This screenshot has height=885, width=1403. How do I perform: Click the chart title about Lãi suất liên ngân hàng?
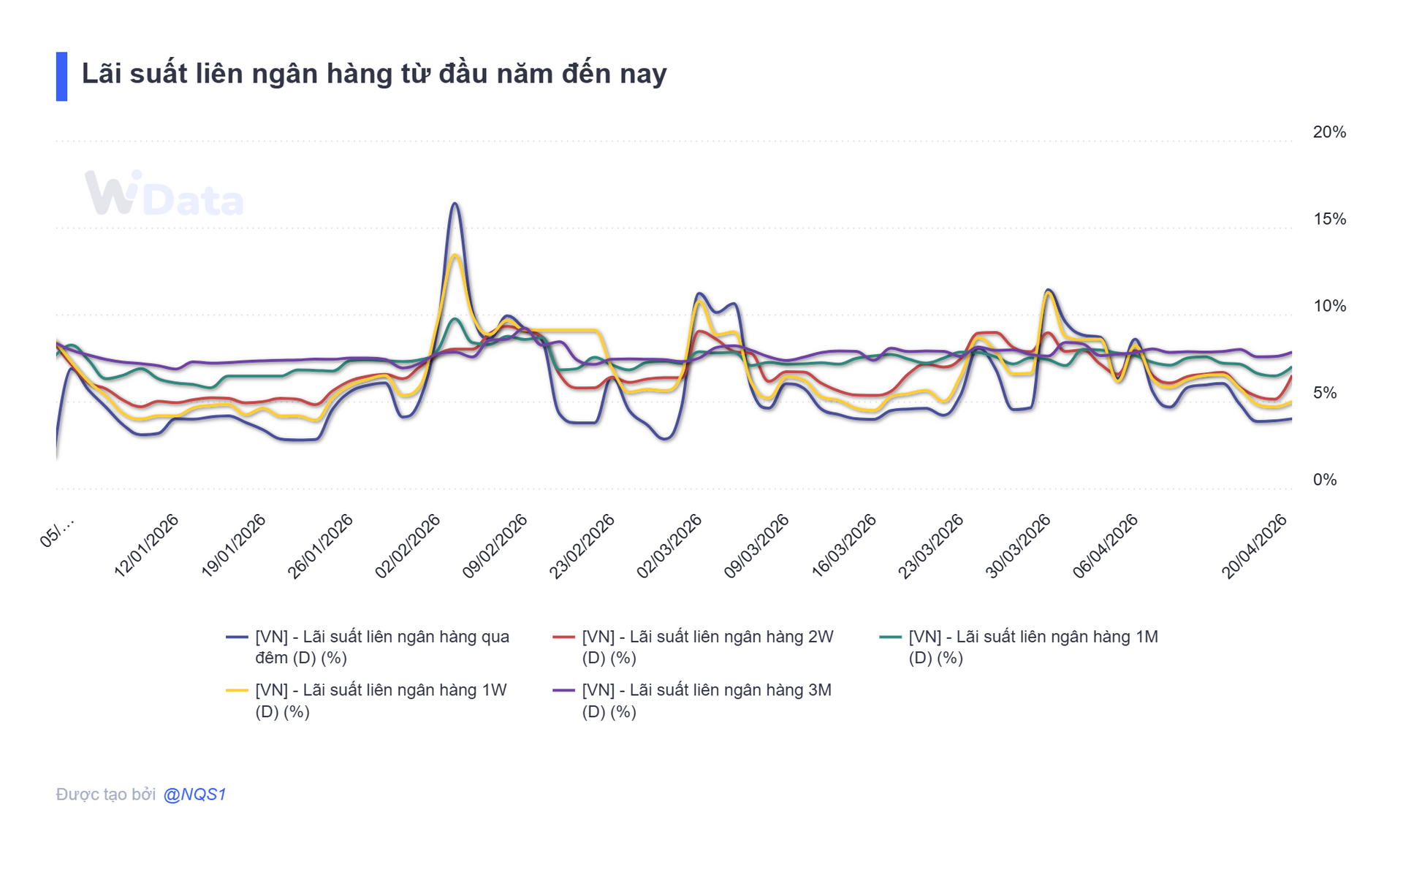pyautogui.click(x=373, y=74)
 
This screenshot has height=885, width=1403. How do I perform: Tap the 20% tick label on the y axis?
pyautogui.click(x=1328, y=132)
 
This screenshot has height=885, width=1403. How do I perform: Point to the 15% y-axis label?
pyautogui.click(x=1328, y=219)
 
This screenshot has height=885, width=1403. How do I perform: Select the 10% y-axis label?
pyautogui.click(x=1328, y=306)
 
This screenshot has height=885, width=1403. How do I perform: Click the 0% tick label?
pyautogui.click(x=1324, y=480)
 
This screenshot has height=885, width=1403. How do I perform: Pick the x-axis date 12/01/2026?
pyautogui.click(x=147, y=545)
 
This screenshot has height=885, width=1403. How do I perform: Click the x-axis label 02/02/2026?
pyautogui.click(x=408, y=545)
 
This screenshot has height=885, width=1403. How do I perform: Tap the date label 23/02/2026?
pyautogui.click(x=582, y=545)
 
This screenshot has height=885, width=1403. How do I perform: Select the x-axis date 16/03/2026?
pyautogui.click(x=844, y=545)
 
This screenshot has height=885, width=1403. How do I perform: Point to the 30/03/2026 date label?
pyautogui.click(x=1018, y=545)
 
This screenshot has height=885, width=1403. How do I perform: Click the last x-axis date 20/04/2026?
pyautogui.click(x=1254, y=545)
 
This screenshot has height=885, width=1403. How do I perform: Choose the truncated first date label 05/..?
pyautogui.click(x=57, y=532)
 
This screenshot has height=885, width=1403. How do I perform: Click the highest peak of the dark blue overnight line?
pyautogui.click(x=455, y=204)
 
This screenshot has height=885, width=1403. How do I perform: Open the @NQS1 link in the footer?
pyautogui.click(x=194, y=794)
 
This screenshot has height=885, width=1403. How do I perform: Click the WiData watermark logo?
pyautogui.click(x=164, y=194)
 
